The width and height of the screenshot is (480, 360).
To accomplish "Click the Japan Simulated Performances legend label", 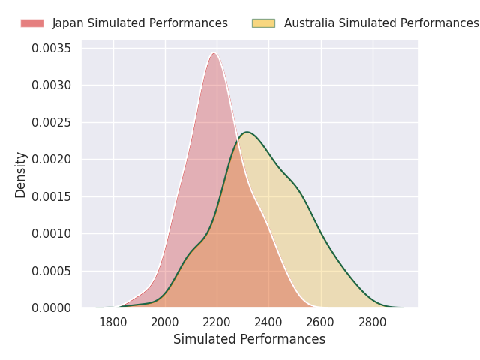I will click(139, 23).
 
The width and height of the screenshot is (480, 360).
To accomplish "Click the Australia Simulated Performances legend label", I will click(381, 23).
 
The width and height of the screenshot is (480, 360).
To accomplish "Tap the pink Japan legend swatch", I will click(32, 23).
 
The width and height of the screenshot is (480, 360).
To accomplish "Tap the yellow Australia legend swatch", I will click(263, 23).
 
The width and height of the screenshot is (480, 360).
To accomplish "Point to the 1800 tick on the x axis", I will click(113, 322).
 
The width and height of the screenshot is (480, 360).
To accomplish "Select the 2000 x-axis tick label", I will click(165, 322).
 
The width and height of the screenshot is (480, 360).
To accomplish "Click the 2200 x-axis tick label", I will click(217, 322).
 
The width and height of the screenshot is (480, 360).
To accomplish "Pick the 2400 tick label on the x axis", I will click(268, 322).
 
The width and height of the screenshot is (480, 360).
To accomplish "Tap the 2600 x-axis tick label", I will click(321, 322).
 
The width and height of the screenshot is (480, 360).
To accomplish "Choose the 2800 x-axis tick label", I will click(373, 322).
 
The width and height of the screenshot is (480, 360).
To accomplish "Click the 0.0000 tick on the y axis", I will click(51, 307).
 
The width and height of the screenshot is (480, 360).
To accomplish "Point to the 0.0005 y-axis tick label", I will click(51, 271).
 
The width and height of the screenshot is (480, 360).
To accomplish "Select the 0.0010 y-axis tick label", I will click(51, 233).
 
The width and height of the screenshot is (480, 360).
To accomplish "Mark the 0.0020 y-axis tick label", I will click(51, 159).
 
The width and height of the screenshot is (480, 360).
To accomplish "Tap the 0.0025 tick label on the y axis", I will click(51, 122).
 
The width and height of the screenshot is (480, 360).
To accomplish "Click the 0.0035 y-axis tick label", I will click(51, 49).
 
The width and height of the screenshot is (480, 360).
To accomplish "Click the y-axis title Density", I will click(21, 175).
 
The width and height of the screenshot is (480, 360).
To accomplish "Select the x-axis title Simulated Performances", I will click(249, 340).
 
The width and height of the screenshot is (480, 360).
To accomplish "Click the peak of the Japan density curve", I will click(214, 53).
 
